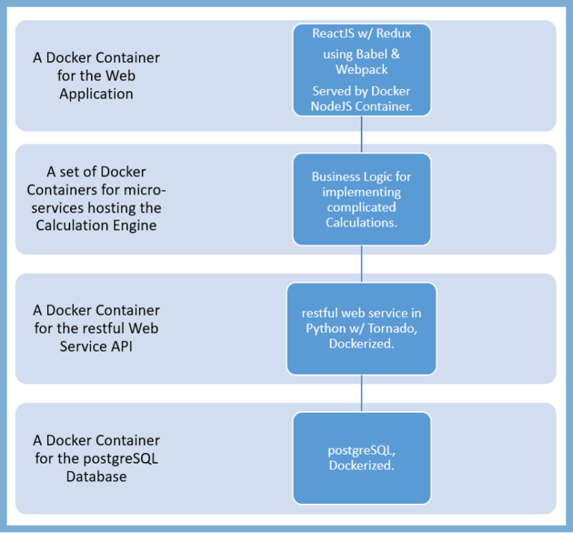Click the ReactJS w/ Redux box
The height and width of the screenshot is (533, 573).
point(362,70)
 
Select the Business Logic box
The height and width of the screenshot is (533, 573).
point(362,199)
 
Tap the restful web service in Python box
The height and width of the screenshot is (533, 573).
point(362,328)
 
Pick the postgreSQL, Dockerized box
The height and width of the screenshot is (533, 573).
point(362,458)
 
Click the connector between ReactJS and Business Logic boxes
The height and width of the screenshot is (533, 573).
point(362,135)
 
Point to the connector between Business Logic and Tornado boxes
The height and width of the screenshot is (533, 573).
point(362,264)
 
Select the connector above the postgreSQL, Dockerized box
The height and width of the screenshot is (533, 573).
point(362,393)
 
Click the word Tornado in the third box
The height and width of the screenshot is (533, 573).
point(395,328)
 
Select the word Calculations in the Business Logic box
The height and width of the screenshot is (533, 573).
point(362,222)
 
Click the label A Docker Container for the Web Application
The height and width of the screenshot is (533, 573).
point(96,76)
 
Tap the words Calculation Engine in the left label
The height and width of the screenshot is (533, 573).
point(96,225)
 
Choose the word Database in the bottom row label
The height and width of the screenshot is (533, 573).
point(96,476)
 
